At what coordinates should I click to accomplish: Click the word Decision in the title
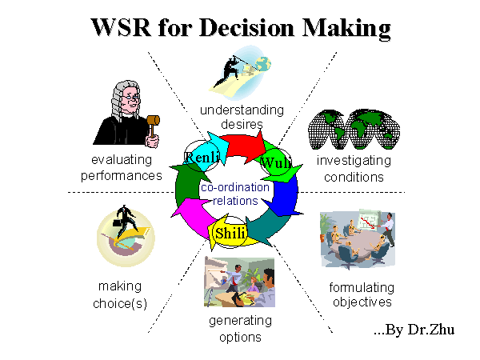246,27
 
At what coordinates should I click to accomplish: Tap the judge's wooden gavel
154,125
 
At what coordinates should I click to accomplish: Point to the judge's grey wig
121,98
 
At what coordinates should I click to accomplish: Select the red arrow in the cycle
244,147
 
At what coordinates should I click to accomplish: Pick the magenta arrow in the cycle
192,218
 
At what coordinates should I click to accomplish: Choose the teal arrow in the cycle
266,228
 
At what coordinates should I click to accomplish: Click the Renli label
202,157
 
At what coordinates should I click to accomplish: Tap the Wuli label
275,162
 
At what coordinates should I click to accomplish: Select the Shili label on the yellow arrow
230,234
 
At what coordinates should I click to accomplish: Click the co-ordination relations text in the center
235,194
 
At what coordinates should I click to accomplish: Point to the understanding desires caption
242,117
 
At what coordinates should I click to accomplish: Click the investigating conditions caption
354,169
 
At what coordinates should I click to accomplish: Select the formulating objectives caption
362,294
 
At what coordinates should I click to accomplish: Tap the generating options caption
240,329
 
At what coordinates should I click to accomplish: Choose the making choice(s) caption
120,294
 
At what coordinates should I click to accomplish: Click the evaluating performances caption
122,167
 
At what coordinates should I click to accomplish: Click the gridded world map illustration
354,129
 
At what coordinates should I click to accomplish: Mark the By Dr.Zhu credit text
414,330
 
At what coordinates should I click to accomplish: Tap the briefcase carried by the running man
118,222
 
